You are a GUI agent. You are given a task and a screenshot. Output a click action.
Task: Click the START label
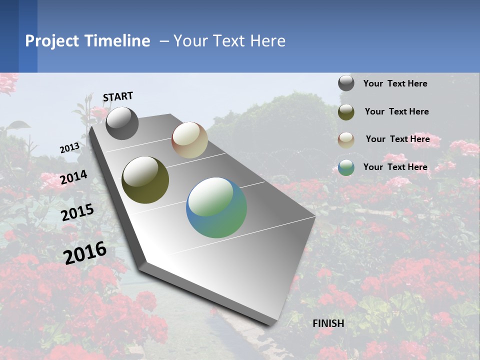(x=118, y=96)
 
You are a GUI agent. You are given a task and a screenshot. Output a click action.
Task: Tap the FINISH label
(x=328, y=323)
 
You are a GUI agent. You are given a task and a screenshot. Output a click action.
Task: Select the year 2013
(x=69, y=148)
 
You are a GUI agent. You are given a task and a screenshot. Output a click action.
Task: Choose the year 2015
(x=77, y=212)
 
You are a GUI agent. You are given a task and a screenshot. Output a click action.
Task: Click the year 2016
(x=85, y=253)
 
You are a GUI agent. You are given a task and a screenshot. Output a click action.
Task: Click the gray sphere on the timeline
(x=122, y=123)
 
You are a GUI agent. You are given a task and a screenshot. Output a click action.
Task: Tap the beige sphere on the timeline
(x=189, y=140)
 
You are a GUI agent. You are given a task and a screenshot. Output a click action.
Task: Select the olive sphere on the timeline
(x=145, y=180)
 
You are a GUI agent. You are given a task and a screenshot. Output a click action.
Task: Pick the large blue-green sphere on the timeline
(x=216, y=207)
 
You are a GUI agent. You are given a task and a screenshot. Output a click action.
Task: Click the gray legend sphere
(x=346, y=83)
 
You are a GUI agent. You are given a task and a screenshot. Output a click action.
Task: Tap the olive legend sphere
(x=346, y=112)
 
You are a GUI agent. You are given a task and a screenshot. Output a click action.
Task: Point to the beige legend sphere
(x=346, y=140)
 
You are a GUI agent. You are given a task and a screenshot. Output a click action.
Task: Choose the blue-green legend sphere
(x=346, y=167)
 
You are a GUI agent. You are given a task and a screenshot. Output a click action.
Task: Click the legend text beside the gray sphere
(x=395, y=83)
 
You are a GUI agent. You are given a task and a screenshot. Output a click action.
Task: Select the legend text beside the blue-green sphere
(x=395, y=167)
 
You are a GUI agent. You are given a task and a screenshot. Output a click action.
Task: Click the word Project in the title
(x=51, y=41)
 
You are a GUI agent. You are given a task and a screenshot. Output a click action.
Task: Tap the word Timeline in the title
(x=117, y=40)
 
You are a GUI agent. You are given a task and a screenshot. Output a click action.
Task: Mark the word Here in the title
(x=267, y=40)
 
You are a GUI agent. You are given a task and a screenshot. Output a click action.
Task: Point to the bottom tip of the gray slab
(x=273, y=324)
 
